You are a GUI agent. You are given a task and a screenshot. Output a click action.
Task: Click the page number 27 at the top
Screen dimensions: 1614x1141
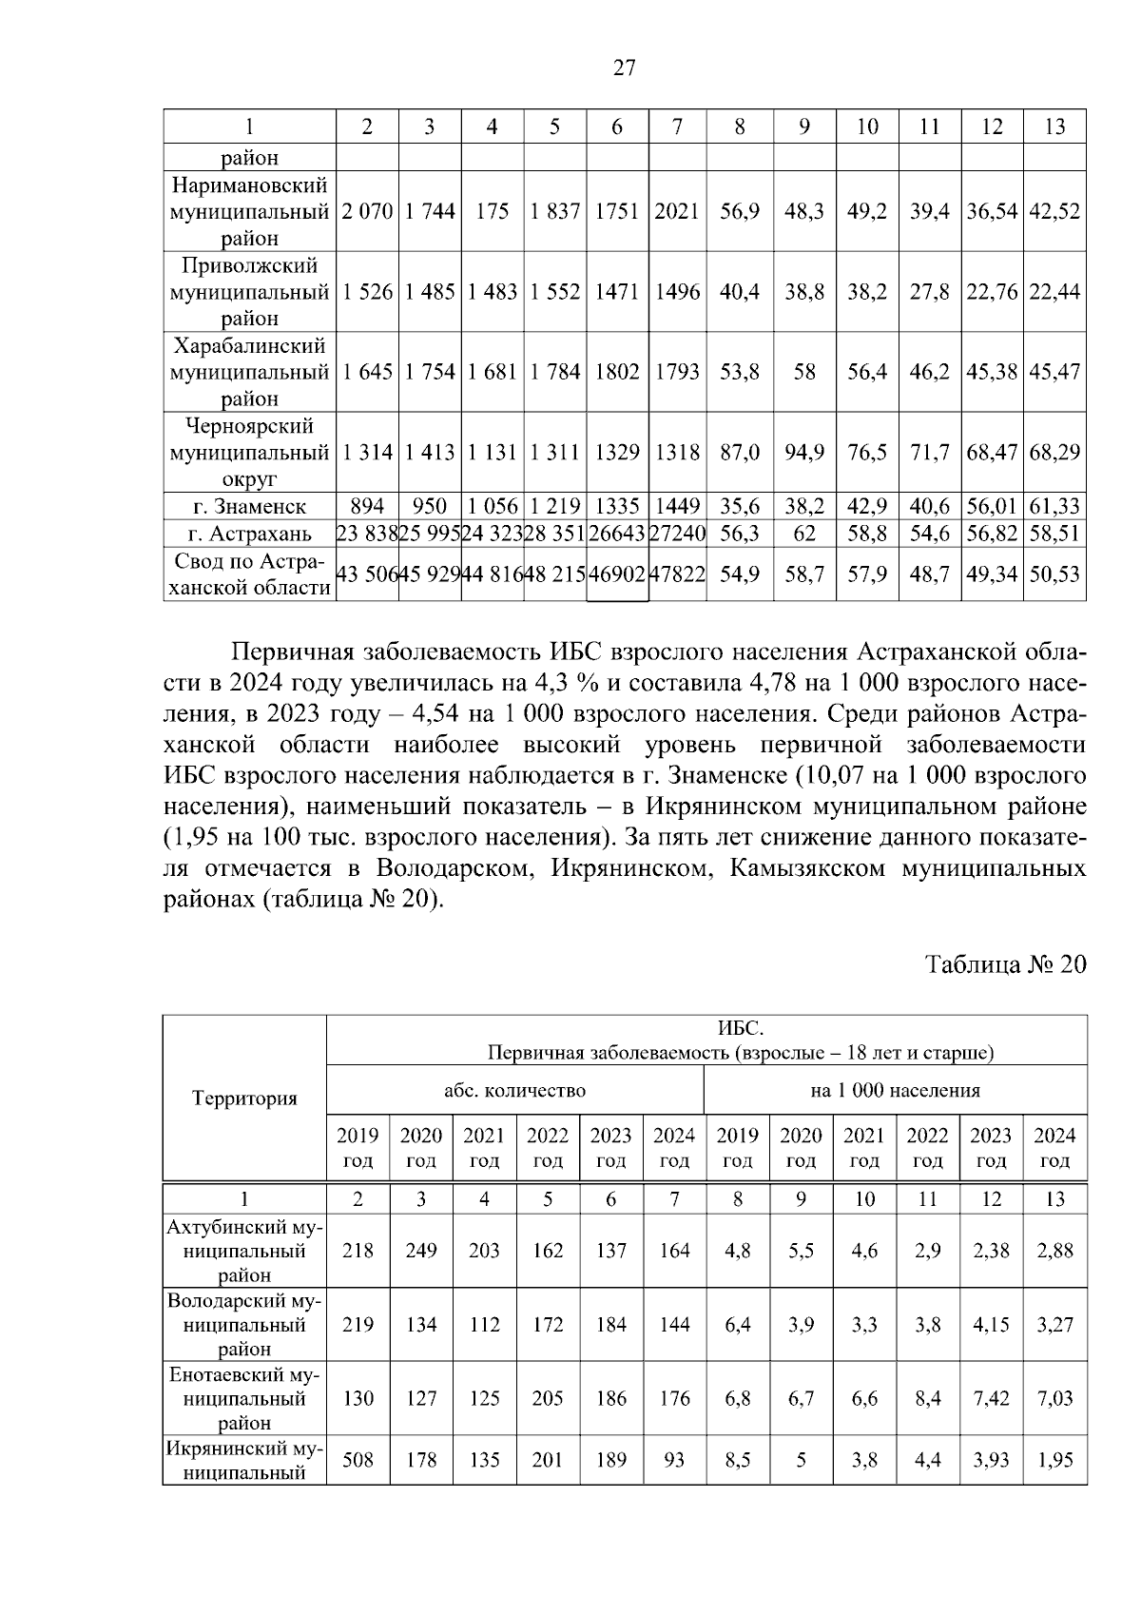pyautogui.click(x=625, y=68)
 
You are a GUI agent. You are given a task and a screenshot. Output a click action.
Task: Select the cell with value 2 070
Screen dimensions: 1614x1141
pyautogui.click(x=367, y=211)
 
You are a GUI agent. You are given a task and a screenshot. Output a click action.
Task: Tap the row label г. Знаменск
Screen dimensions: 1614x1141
pyautogui.click(x=249, y=507)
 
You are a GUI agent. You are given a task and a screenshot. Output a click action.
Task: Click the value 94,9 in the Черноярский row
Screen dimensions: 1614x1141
pyautogui.click(x=803, y=453)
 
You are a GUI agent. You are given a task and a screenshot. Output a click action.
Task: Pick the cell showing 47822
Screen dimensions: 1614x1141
pyautogui.click(x=677, y=574)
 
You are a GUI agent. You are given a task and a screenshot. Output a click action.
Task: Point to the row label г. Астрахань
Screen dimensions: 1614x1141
pyautogui.click(x=249, y=534)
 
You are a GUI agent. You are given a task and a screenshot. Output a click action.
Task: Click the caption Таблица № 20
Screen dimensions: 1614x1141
pyautogui.click(x=1005, y=964)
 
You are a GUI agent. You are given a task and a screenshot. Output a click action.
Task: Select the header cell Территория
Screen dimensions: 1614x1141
pyautogui.click(x=244, y=1099)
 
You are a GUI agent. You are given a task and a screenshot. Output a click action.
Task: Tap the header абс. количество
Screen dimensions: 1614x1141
pyautogui.click(x=514, y=1090)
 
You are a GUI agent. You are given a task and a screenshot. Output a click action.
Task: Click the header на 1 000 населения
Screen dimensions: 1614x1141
pyautogui.click(x=895, y=1090)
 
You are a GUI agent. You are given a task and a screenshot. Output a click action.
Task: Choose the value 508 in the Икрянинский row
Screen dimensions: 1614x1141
pyautogui.click(x=358, y=1460)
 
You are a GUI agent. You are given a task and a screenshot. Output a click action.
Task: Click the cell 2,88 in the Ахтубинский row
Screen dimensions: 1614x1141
pyautogui.click(x=1054, y=1251)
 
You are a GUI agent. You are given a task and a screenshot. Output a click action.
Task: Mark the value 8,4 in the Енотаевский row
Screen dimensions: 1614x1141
pyautogui.click(x=927, y=1398)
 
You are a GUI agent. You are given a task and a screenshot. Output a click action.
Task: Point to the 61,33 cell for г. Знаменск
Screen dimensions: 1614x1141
pyautogui.click(x=1054, y=507)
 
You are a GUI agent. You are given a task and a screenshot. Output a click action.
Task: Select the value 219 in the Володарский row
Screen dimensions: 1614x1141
pyautogui.click(x=358, y=1324)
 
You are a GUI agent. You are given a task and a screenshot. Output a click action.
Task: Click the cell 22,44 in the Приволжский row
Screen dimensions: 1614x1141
pyautogui.click(x=1054, y=292)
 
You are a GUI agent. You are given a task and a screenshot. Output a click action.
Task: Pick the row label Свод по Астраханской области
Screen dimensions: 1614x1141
pyautogui.click(x=249, y=574)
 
